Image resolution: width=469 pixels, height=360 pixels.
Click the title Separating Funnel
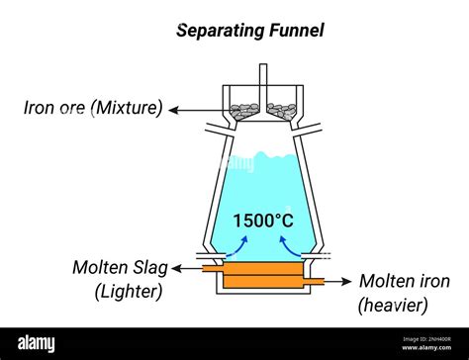(x=249, y=31)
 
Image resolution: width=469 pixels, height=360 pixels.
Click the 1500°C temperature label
(x=262, y=220)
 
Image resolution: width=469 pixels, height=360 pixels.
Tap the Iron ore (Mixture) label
(x=93, y=108)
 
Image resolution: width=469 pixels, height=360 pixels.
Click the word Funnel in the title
(x=295, y=31)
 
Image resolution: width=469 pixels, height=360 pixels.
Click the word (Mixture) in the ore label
(x=128, y=108)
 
